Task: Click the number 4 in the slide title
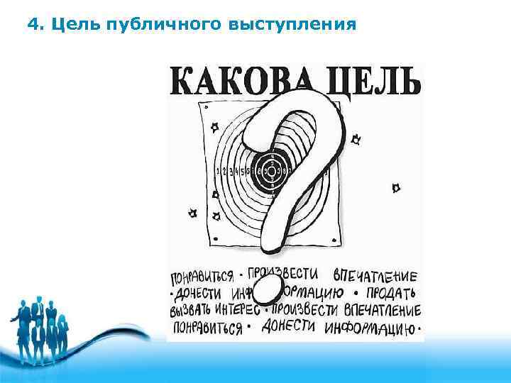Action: [31, 26]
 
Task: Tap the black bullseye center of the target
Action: [270, 170]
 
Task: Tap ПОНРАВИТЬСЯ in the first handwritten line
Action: [202, 276]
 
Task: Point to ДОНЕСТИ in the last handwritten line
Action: [290, 328]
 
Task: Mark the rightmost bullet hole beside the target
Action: [397, 187]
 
